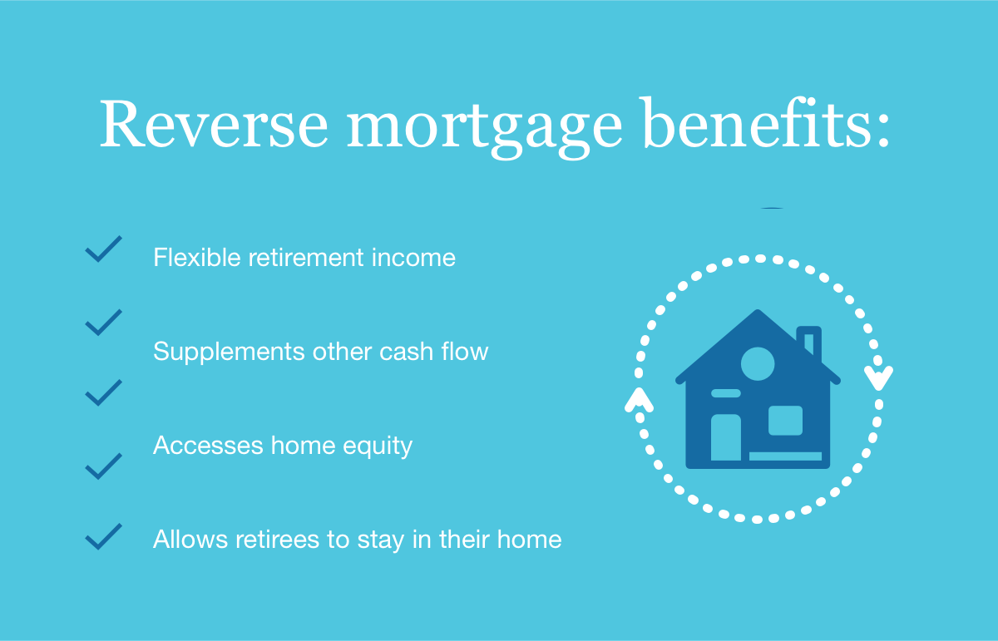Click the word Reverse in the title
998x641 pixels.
coord(214,123)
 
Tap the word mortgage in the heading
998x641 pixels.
coord(484,128)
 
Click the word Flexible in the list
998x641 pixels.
coord(197,257)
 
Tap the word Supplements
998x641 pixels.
coord(229,352)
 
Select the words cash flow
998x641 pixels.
coord(434,351)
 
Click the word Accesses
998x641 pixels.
coord(208,445)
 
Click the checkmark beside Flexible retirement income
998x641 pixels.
coord(103,249)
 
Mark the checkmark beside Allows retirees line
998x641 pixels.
coord(103,536)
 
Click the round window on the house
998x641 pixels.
coord(758,364)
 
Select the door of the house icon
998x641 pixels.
coord(726,437)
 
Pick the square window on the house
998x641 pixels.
coord(785,421)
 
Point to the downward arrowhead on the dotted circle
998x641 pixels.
coord(878,377)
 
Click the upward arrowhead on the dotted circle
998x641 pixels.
coord(640,400)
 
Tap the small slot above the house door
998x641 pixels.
coord(726,393)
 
